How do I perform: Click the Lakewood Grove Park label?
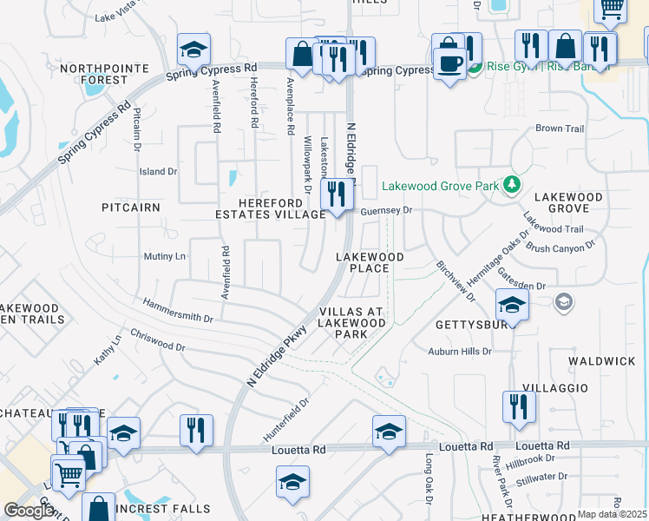point(441,186)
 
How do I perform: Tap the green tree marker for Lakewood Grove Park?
point(512,184)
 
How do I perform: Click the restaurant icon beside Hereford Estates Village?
point(336,194)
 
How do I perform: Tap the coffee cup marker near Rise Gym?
point(449,64)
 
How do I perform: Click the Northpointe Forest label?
point(93,74)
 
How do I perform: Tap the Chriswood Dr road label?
point(157,340)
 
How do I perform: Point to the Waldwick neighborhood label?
point(602,360)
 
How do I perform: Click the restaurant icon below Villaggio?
point(519,405)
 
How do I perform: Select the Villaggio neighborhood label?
point(554,387)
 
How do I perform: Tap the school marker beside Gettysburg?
point(512,305)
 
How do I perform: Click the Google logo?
point(29,511)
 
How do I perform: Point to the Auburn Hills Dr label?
point(460,352)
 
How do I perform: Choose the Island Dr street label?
point(158,172)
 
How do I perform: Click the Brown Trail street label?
point(560,129)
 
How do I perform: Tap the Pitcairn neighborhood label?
point(131,208)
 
